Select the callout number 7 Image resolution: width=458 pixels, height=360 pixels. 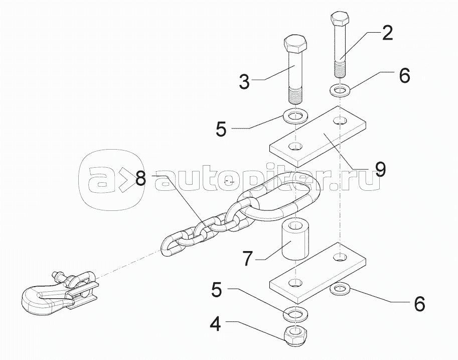[247, 258]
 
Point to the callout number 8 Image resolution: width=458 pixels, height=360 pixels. [141, 178]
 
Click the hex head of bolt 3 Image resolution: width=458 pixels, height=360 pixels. [295, 44]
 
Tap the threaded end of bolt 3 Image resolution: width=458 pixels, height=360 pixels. [295, 95]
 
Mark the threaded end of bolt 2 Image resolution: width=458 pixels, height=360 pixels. [340, 68]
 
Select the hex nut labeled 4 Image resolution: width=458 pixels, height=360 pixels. [295, 336]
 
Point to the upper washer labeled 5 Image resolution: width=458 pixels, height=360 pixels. [295, 116]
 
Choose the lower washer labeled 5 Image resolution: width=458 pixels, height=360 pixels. [295, 313]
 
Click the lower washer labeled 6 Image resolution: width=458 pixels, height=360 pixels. [340, 289]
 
